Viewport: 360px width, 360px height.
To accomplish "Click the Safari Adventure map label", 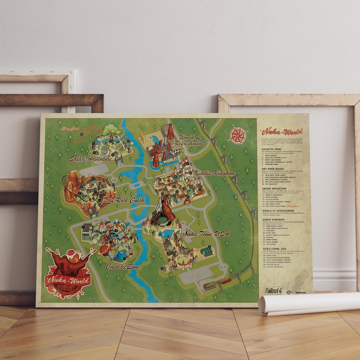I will tap(90, 159).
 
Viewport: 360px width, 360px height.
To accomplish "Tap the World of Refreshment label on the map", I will tap(191, 140).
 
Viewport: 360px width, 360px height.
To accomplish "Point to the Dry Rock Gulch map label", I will tap(123, 200).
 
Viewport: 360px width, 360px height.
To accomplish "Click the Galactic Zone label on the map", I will tap(123, 266).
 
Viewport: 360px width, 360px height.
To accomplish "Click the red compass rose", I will tap(238, 136).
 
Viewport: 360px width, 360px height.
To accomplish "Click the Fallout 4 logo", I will tap(273, 290).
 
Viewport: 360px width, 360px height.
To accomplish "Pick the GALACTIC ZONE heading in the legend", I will tap(271, 149).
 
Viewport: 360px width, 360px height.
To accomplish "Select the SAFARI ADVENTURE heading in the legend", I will tap(274, 188).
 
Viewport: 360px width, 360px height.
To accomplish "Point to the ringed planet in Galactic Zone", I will tap(104, 249).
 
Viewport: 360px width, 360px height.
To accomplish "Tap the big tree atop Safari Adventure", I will tap(112, 130).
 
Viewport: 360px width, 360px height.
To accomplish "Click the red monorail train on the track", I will tap(226, 282).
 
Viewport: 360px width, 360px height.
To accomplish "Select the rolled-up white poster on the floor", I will tap(308, 303).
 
